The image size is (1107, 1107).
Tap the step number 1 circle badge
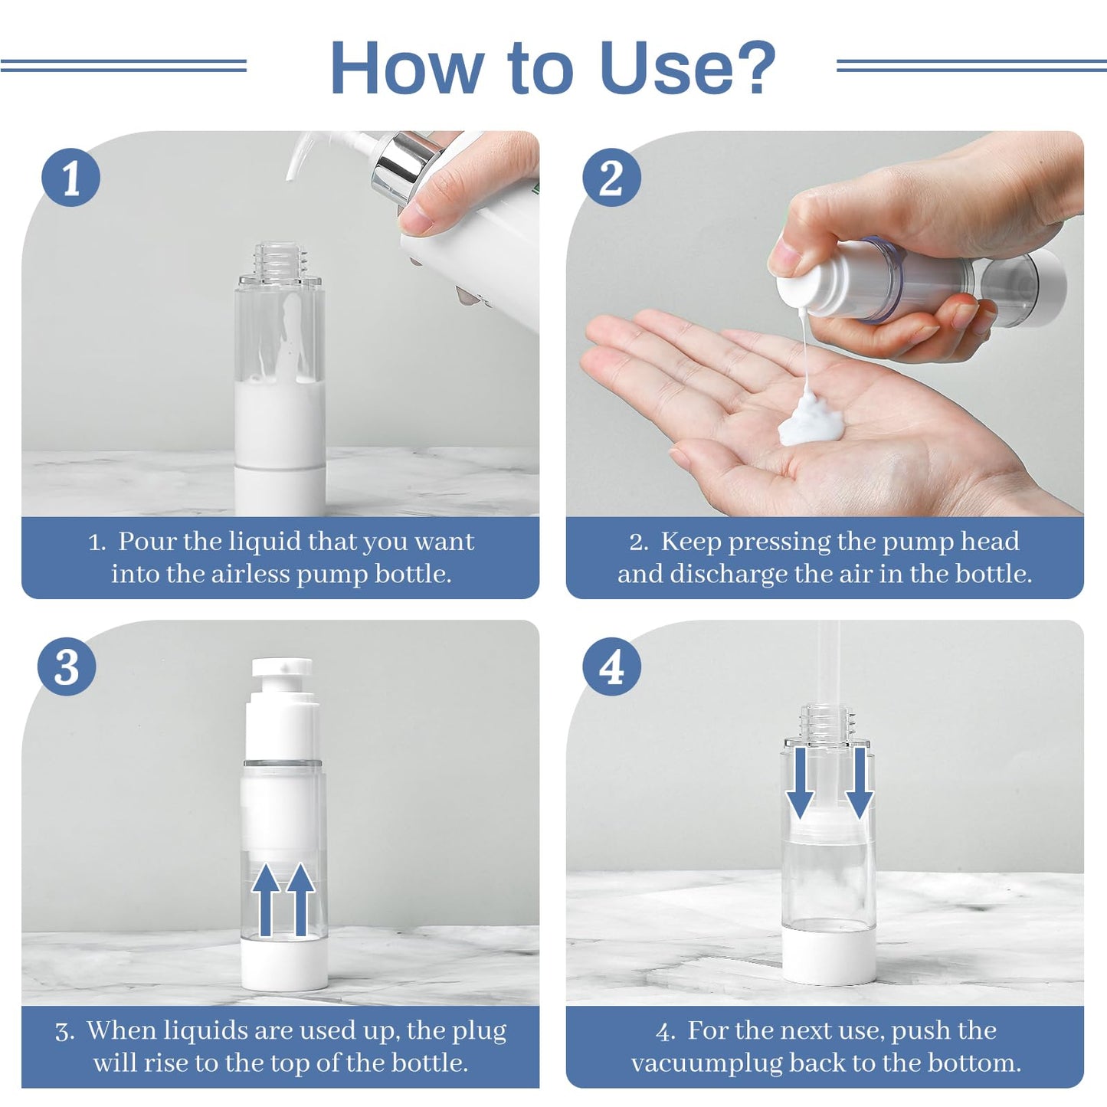point(70,178)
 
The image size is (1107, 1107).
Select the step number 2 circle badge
point(611,178)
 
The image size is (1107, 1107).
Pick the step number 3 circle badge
point(67,666)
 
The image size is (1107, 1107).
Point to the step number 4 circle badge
point(611,666)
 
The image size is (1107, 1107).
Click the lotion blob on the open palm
point(811,419)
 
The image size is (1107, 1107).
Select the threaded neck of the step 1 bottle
point(280,259)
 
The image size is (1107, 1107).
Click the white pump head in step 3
point(282,668)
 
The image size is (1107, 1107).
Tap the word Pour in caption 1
point(147,542)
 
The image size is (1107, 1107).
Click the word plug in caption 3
point(480,1031)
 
